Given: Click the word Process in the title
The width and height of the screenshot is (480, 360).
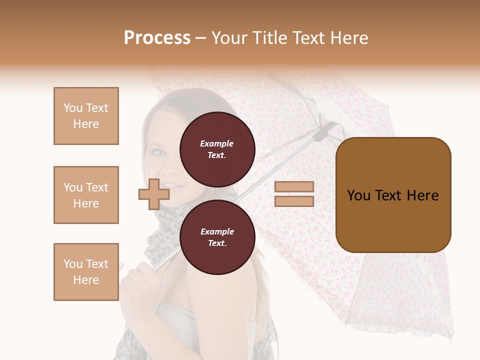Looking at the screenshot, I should [x=157, y=38].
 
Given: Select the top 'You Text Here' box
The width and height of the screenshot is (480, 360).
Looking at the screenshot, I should [x=86, y=116].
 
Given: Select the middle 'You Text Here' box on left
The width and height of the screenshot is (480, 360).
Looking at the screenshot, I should [x=86, y=195].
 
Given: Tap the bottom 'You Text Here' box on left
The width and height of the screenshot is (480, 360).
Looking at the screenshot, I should [x=86, y=272].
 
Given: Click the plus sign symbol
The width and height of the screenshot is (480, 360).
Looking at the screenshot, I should [x=154, y=194].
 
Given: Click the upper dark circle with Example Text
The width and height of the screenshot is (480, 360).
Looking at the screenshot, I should [x=217, y=149].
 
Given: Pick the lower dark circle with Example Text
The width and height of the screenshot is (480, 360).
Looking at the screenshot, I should [x=217, y=237].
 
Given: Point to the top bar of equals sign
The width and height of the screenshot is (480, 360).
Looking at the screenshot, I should [x=294, y=187].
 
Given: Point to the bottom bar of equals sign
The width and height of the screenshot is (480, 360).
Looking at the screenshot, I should [x=294, y=201].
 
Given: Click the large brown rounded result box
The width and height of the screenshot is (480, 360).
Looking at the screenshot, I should [x=393, y=195].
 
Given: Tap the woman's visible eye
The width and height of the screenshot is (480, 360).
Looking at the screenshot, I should [x=158, y=152].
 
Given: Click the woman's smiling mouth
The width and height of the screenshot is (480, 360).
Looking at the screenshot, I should [x=167, y=186].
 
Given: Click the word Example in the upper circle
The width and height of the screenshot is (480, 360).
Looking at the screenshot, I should [x=217, y=143].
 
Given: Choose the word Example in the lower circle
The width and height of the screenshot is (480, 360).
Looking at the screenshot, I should [x=217, y=231].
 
